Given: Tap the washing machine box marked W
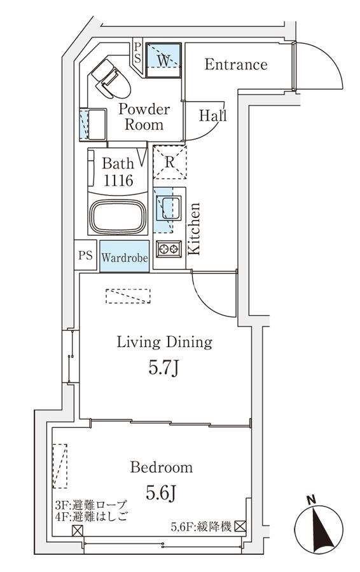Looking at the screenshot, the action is click(164, 60).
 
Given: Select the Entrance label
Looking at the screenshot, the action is click(236, 65).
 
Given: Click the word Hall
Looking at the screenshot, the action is click(213, 116).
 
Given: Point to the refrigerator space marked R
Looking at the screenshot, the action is click(169, 162).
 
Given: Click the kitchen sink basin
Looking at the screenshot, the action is click(169, 208).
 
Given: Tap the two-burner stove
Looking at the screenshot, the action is click(169, 249).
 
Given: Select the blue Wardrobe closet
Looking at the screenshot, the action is click(125, 256).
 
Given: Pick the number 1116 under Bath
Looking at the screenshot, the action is click(118, 180).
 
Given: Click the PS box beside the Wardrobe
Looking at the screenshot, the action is click(85, 255).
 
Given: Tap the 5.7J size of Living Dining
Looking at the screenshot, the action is click(164, 369).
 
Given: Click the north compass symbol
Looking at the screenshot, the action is click(319, 528).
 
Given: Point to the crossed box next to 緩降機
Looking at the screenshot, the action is click(240, 526).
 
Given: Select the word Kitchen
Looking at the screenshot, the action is click(194, 229).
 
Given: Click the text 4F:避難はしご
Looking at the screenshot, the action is click(92, 517).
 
